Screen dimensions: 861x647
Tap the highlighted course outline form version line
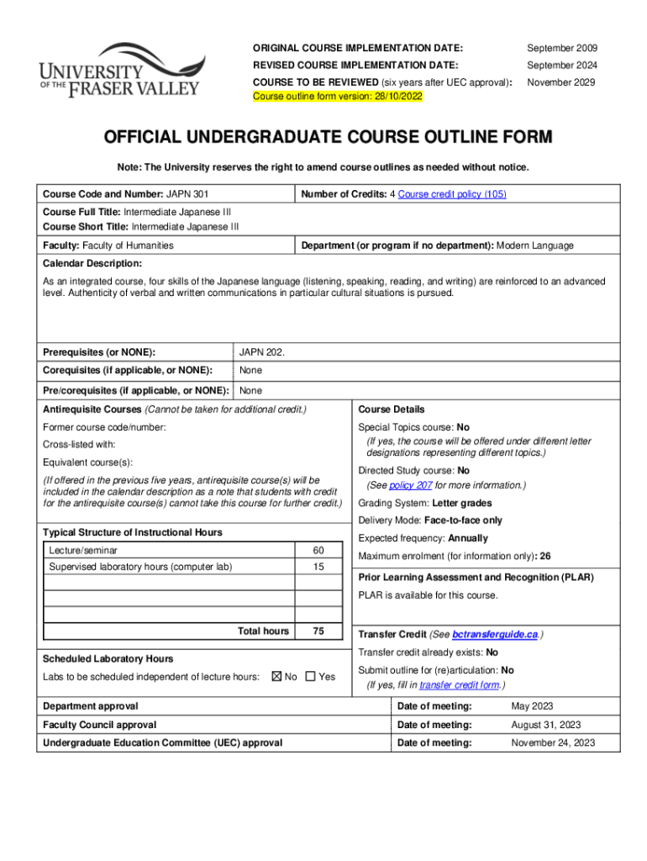pyautogui.click(x=338, y=97)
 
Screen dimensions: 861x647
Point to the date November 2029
pyautogui.click(x=561, y=82)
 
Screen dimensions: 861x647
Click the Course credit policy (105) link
pyautogui.click(x=452, y=194)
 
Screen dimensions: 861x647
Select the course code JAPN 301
pyautogui.click(x=188, y=194)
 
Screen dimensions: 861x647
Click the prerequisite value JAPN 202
pyautogui.click(x=262, y=351)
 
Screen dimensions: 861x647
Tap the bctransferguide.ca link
pyautogui.click(x=495, y=634)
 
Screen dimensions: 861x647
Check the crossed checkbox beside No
pyautogui.click(x=276, y=677)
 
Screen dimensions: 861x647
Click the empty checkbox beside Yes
pyautogui.click(x=310, y=677)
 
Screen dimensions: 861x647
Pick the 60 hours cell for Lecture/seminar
pyautogui.click(x=318, y=550)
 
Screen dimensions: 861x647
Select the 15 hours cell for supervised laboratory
pyautogui.click(x=318, y=567)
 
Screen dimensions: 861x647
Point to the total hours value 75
pyautogui.click(x=318, y=631)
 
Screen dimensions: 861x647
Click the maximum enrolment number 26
pyautogui.click(x=545, y=556)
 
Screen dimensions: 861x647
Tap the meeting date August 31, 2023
pyautogui.click(x=545, y=725)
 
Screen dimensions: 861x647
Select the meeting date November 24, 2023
pyautogui.click(x=553, y=742)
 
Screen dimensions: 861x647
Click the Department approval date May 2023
pyautogui.click(x=532, y=706)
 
